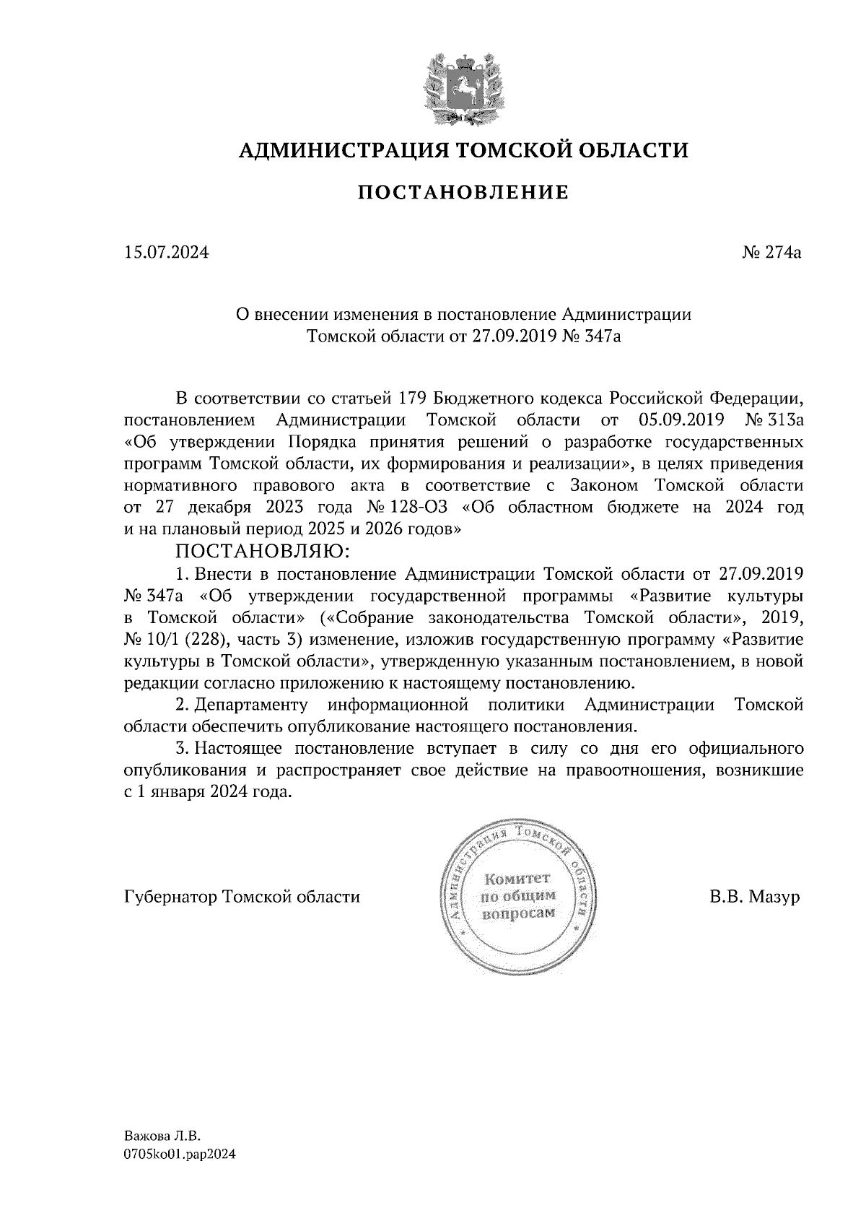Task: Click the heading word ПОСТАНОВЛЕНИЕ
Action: (x=464, y=192)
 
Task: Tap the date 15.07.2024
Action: (x=166, y=253)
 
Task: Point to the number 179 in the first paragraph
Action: (x=413, y=398)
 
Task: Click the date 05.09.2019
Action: (x=682, y=419)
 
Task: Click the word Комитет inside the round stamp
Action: (x=517, y=879)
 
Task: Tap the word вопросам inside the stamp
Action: (x=517, y=913)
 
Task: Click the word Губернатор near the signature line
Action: (x=171, y=897)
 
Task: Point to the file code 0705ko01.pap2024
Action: (x=180, y=1155)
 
